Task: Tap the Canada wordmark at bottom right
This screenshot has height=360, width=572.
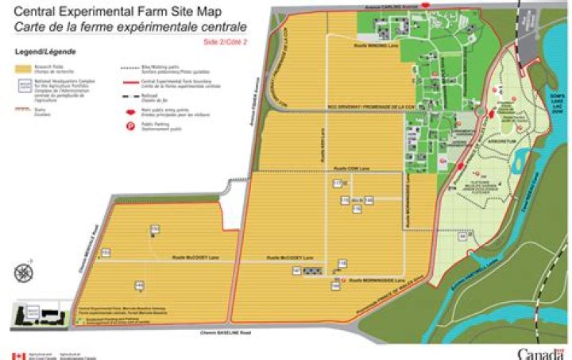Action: click(542, 353)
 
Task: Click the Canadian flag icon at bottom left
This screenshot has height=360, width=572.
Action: click(17, 355)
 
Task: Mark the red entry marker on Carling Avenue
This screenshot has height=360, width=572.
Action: click(427, 5)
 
